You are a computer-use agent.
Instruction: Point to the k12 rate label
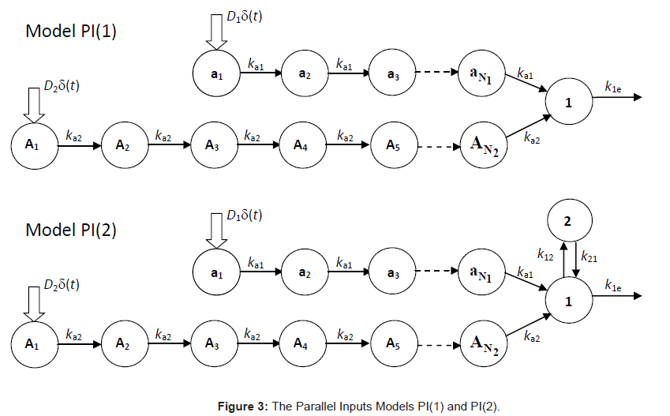[x=545, y=255]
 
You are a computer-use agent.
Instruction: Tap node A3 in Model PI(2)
[x=211, y=343]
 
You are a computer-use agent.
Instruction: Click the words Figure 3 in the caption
[x=242, y=406]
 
